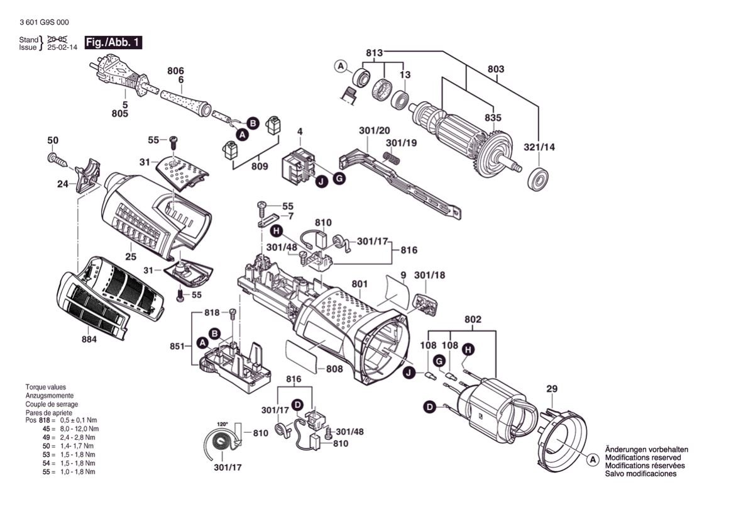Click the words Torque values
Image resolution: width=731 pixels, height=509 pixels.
point(45,387)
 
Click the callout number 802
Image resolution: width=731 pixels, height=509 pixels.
point(473,320)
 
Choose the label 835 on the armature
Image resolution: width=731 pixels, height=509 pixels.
point(493,118)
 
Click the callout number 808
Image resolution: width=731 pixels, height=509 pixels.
point(334,369)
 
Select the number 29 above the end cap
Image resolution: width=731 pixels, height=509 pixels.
point(551,389)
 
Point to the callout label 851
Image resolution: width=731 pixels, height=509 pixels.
point(177,346)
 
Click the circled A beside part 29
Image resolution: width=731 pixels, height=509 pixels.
point(591,460)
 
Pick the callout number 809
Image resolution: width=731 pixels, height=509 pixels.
point(259,167)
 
